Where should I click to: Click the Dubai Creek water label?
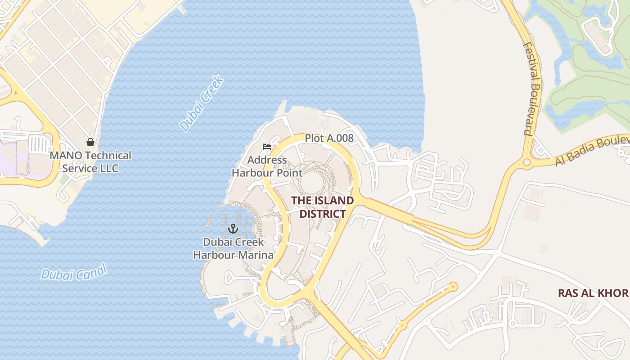coord(202,104)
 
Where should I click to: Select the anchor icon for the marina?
coord(233,228)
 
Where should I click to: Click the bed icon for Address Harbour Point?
coord(267,147)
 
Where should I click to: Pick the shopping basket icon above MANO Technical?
coord(90,142)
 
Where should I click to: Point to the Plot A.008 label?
coord(329,138)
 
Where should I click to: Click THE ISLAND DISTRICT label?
coord(322,207)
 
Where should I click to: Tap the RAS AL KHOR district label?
coord(593,293)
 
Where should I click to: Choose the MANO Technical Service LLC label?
coord(90,162)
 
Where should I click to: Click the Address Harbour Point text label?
coord(261,166)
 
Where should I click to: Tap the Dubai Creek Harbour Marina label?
coord(233,248)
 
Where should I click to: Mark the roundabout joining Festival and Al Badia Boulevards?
coord(526,162)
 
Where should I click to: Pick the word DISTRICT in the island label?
coord(322,214)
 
